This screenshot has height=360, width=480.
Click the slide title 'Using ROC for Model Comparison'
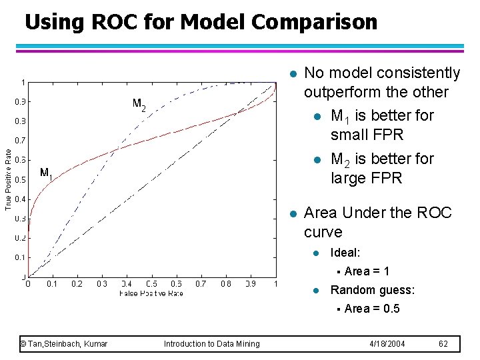point(201,22)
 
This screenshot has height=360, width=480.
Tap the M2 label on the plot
point(139,104)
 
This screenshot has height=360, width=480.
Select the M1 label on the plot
point(46,173)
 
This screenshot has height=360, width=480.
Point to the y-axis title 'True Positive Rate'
point(8,179)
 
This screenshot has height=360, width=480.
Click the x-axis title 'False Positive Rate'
point(151,293)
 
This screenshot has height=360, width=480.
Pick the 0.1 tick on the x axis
point(52,284)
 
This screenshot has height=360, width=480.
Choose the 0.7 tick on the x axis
point(201,284)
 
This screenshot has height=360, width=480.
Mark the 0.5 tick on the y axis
point(21,179)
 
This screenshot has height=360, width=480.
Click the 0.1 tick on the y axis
point(21,257)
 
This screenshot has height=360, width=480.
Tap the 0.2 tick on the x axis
point(77,284)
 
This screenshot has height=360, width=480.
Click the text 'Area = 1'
point(367,271)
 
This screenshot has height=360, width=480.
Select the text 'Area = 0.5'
point(372,309)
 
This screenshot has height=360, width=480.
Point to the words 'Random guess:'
point(372,290)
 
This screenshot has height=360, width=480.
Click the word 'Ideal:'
point(345,253)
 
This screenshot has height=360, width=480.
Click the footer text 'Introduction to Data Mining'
point(212,344)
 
